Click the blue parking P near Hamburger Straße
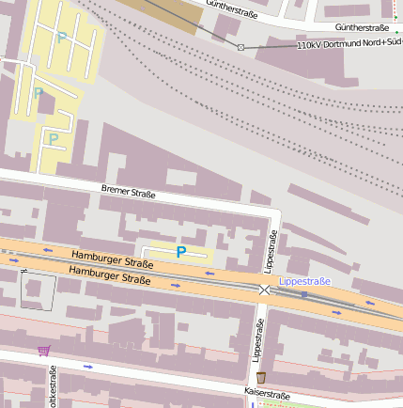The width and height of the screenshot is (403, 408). tap(180, 251)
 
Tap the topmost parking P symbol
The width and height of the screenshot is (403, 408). tap(61, 39)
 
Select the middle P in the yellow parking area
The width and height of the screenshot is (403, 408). tap(39, 93)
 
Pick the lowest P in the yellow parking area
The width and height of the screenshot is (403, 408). tap(54, 139)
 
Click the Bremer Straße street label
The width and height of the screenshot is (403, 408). tap(128, 193)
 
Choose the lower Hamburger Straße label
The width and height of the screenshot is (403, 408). tap(110, 275)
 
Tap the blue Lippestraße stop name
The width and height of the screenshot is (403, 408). tap(304, 281)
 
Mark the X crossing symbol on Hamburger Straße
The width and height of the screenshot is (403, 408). tap(264, 290)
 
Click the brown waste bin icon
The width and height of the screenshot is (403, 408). tap(260, 377)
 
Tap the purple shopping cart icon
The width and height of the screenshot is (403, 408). tap(43, 351)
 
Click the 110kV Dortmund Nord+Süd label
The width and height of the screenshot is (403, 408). tap(349, 44)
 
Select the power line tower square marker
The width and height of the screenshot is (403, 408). tap(240, 47)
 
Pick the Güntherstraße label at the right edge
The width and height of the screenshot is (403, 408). tap(362, 27)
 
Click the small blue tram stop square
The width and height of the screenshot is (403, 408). tap(303, 294)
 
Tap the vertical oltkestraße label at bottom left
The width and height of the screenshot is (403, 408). tap(54, 387)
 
